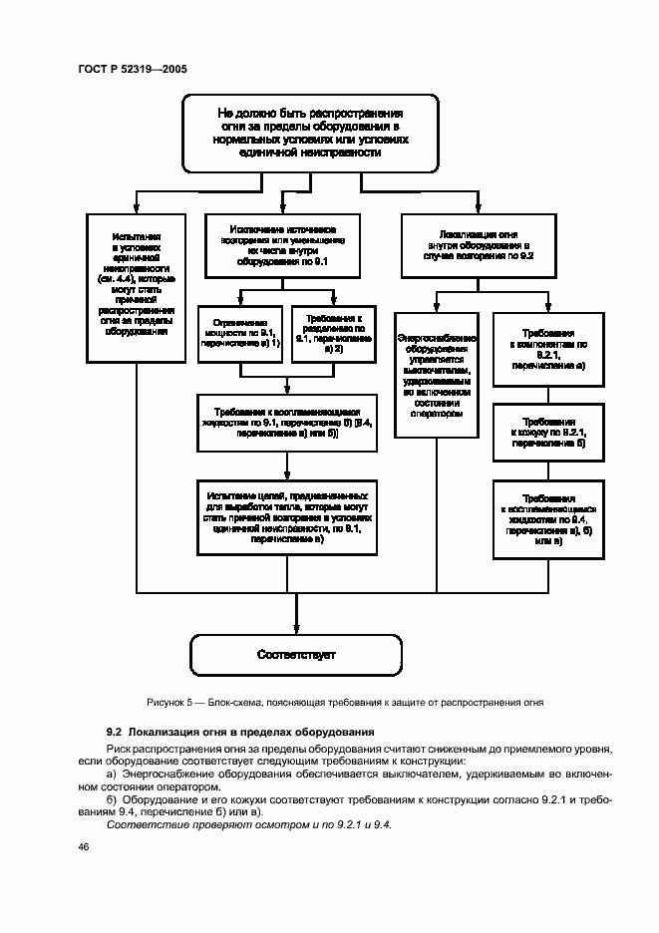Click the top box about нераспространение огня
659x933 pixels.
click(x=310, y=133)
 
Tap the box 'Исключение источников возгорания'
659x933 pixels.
click(x=289, y=244)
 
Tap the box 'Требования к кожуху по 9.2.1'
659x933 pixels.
click(x=548, y=433)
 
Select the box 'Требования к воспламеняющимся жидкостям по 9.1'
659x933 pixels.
click(x=289, y=423)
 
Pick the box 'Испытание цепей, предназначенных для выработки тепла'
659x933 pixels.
click(x=289, y=516)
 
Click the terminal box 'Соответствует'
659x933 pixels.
click(x=296, y=655)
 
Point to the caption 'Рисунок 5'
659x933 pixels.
click(x=344, y=702)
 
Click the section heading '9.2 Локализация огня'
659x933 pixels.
click(x=239, y=733)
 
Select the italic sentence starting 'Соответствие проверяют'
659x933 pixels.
click(x=249, y=825)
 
